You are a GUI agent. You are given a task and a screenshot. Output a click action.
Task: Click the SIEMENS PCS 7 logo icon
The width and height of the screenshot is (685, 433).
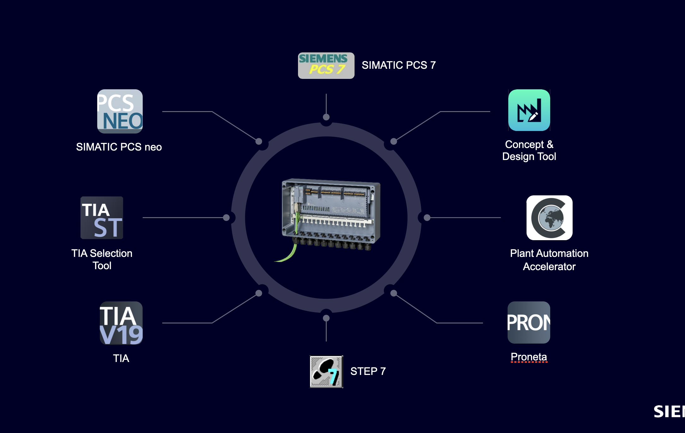coord(326,66)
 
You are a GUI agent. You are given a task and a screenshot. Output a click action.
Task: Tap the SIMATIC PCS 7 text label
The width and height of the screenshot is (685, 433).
coord(398,65)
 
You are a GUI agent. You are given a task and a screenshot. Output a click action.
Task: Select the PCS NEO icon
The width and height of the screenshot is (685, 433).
coord(120,111)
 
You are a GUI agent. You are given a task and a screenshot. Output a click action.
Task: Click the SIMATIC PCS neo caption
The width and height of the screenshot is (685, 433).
coord(119,147)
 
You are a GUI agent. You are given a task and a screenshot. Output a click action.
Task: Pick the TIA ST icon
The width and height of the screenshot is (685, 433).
coord(102,218)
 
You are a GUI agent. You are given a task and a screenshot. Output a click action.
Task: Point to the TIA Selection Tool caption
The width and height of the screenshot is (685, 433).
coord(102,259)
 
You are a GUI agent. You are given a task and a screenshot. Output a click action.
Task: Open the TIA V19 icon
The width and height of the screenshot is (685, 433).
coord(121,323)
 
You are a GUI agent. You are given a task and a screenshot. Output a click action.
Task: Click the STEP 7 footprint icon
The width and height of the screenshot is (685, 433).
coord(326,371)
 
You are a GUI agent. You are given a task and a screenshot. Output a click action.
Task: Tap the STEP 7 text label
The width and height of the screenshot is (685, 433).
coord(368,371)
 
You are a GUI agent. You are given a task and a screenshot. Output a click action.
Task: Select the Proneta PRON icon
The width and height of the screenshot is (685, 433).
coord(528,323)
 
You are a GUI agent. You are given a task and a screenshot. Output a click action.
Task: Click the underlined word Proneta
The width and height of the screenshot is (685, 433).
coord(528,357)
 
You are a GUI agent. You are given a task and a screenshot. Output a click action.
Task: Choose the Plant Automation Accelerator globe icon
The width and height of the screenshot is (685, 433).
coord(549,218)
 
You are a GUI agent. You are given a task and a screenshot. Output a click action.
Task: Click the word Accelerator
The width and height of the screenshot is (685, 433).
coord(549,267)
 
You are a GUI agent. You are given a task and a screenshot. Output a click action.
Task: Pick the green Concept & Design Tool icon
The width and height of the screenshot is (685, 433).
coord(529,110)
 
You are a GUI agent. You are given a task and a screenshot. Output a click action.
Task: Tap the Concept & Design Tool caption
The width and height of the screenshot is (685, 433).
coord(529,151)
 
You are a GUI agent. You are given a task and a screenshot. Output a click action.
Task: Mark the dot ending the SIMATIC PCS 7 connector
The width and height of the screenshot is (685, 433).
coord(326,117)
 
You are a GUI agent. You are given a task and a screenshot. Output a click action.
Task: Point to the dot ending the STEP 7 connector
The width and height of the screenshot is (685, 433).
coord(326,318)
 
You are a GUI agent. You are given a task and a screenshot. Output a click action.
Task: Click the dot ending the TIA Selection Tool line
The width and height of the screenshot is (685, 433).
coord(226,217)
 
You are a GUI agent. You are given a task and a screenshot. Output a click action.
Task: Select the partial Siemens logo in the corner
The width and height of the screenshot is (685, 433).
coord(669,412)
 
